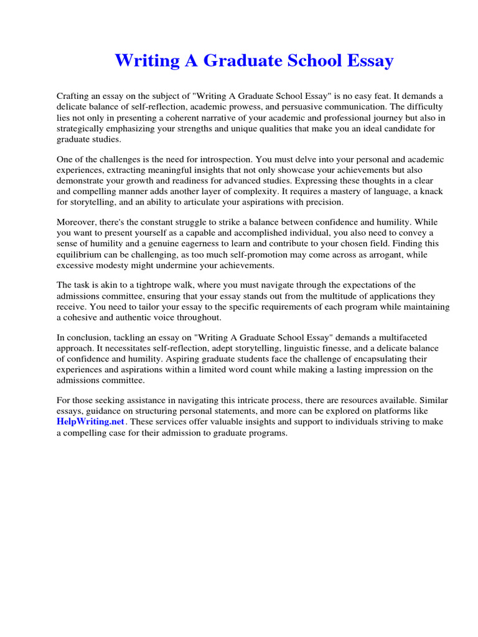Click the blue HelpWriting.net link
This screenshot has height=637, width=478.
pyautogui.click(x=91, y=422)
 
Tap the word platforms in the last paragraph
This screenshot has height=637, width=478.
pyautogui.click(x=406, y=411)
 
